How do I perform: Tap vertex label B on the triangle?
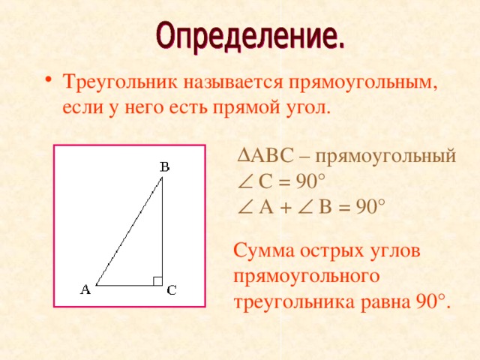(164, 166)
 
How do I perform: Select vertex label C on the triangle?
(171, 291)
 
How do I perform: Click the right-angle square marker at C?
(157, 280)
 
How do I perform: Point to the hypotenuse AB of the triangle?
(129, 231)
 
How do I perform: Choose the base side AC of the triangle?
(129, 285)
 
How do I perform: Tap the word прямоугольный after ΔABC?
(385, 157)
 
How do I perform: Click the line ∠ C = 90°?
(280, 181)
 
